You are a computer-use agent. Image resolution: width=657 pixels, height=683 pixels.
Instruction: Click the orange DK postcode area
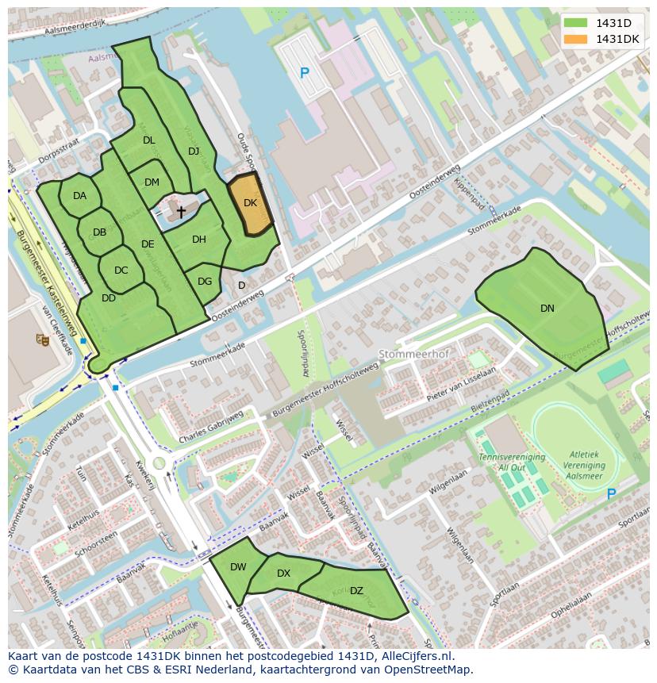click(251, 205)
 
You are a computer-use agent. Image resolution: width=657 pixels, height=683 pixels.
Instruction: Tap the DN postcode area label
click(547, 309)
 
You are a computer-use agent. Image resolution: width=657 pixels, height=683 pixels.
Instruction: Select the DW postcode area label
click(238, 567)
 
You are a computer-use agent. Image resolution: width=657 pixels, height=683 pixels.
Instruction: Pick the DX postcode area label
click(283, 574)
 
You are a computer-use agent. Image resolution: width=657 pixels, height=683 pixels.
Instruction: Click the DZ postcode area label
click(356, 591)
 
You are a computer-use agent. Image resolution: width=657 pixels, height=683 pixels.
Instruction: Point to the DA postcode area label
click(79, 196)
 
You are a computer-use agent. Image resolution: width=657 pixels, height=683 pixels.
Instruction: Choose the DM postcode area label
click(152, 182)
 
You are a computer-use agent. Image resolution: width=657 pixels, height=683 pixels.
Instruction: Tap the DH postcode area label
click(198, 240)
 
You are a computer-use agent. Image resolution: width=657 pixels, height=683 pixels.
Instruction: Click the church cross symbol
click(181, 212)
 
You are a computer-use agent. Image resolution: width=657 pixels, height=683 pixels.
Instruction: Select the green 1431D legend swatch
click(576, 23)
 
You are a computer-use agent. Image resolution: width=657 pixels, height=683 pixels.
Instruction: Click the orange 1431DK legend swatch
click(576, 39)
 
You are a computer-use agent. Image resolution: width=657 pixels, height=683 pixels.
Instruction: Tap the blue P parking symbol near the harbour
click(304, 73)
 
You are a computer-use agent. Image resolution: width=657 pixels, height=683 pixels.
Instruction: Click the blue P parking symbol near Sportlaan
click(611, 494)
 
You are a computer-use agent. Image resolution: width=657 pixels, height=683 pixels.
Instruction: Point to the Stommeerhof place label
click(409, 354)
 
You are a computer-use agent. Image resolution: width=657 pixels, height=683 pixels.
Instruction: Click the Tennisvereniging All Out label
click(511, 462)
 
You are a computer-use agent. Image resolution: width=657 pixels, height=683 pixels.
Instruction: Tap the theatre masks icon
click(42, 340)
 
